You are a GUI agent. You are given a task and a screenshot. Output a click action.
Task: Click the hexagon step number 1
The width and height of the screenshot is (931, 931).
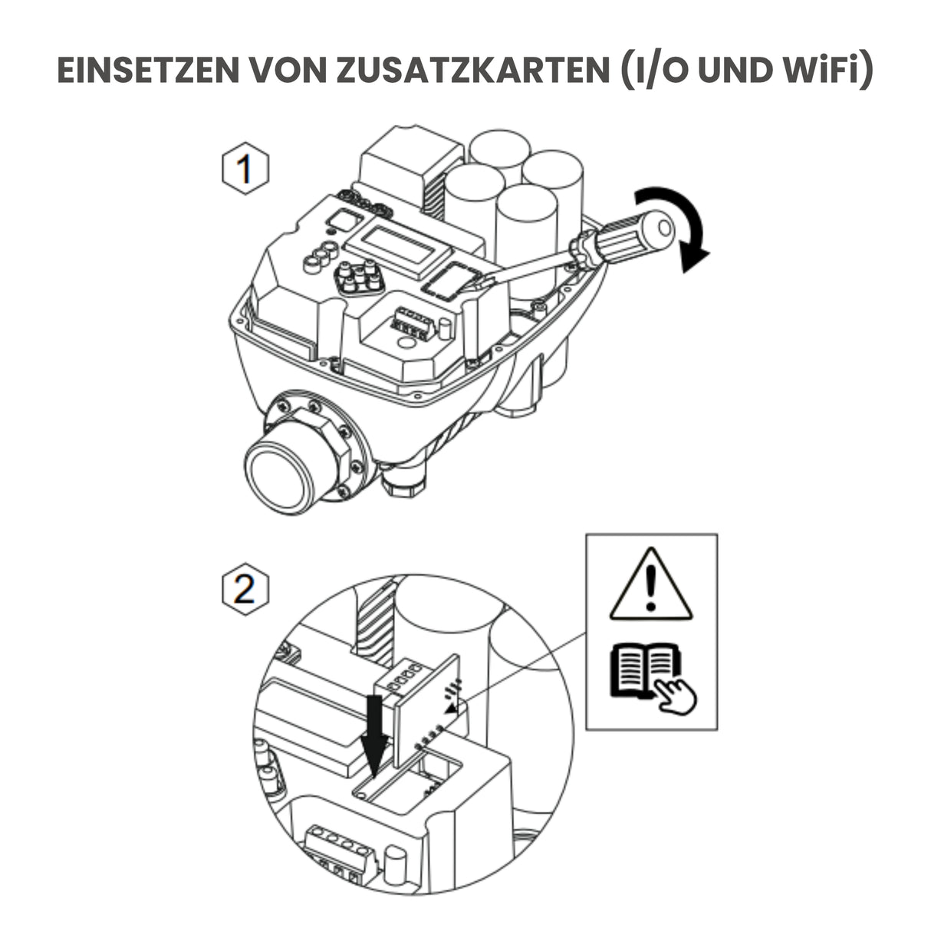(245, 169)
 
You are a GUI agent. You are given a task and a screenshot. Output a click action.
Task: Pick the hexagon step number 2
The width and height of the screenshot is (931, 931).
(245, 591)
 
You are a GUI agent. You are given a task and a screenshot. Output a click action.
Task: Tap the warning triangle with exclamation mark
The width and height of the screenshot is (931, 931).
(651, 585)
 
